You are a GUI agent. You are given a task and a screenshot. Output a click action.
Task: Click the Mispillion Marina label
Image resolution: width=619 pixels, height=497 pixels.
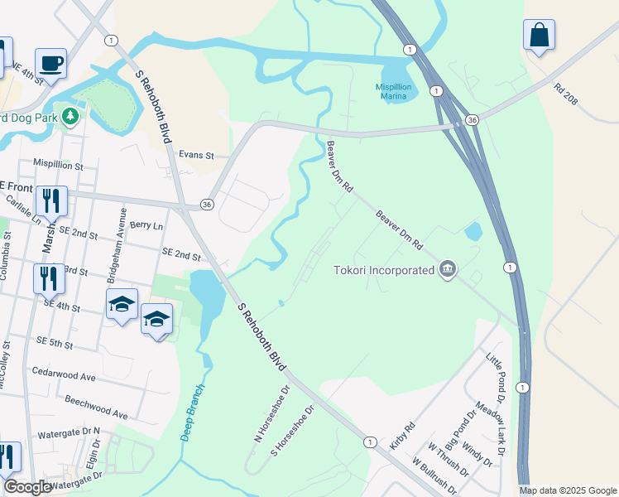[381, 91]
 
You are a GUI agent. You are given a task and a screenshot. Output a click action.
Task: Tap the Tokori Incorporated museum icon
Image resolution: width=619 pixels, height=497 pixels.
[448, 269]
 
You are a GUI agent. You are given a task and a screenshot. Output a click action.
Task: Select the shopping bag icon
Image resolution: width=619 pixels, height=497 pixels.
[539, 36]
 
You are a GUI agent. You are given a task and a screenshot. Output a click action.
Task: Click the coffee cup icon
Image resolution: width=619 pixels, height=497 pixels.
[50, 63]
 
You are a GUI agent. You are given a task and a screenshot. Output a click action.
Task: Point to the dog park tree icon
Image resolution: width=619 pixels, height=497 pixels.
[72, 115]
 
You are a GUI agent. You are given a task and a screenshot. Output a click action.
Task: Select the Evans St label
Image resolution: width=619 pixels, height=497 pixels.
[197, 155]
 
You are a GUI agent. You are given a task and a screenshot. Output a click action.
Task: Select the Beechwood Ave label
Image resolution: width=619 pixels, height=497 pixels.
[97, 411]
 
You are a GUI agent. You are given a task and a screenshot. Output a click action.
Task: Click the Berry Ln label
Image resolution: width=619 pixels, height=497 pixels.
[146, 225]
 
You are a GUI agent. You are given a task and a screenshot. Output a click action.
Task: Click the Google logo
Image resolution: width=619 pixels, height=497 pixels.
[29, 487]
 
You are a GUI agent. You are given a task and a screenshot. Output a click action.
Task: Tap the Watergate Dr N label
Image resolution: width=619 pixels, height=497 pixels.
[69, 433]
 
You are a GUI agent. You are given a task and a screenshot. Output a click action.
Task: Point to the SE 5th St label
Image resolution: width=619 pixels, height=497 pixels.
[55, 342]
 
